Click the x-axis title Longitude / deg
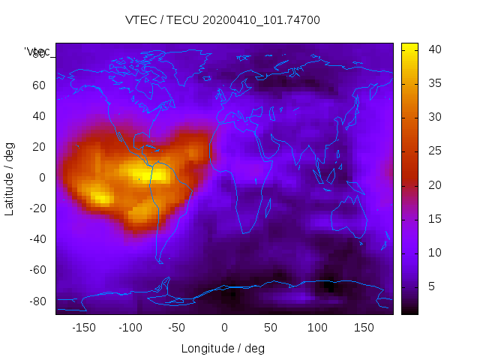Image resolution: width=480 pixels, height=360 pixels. (x=223, y=348)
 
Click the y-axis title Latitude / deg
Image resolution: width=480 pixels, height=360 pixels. (x=10, y=178)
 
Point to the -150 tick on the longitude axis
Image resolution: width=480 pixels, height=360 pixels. (x=84, y=328)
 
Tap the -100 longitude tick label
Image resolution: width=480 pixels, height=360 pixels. (x=130, y=328)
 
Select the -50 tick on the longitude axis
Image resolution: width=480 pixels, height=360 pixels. (x=177, y=328)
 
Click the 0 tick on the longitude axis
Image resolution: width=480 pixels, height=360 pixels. (x=224, y=328)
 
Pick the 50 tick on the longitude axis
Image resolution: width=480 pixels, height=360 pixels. (x=271, y=328)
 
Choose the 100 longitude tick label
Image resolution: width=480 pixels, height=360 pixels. (x=317, y=328)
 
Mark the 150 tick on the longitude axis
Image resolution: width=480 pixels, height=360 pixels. (x=364, y=328)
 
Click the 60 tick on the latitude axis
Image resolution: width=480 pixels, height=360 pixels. (x=39, y=85)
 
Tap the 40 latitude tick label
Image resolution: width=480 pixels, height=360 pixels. (x=39, y=116)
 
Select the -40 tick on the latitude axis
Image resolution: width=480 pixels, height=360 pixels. (x=37, y=239)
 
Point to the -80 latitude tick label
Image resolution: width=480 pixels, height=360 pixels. (x=37, y=301)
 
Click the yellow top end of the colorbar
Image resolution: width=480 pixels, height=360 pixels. (x=409, y=46)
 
